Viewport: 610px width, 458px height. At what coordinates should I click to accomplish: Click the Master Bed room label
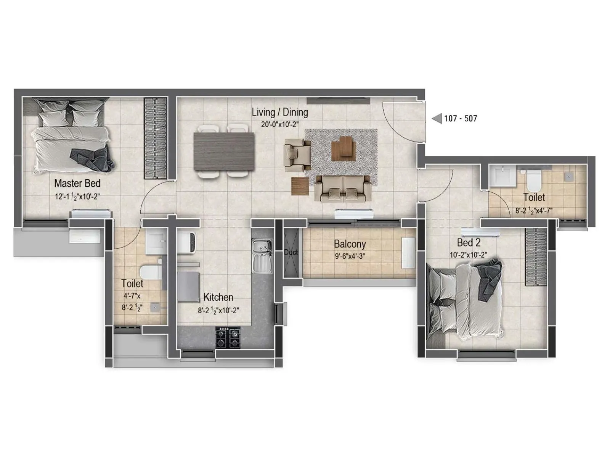coord(77,184)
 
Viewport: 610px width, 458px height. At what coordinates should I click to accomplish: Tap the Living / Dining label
coord(279,112)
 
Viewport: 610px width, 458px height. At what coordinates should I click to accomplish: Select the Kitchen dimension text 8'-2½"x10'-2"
coord(218,311)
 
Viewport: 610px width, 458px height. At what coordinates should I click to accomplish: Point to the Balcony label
coord(350,244)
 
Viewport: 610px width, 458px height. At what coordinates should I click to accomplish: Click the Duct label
coord(291,252)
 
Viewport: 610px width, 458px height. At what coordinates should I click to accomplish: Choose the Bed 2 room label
coord(469,243)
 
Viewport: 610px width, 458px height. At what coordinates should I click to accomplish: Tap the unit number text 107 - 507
coord(460,119)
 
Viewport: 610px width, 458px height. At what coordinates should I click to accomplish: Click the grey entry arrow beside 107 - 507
coord(437,119)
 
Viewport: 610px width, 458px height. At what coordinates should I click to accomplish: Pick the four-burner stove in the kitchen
coord(228,338)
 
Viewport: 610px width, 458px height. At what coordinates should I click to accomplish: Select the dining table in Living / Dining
coord(224,151)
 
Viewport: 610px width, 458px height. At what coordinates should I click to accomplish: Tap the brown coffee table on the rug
coord(343,149)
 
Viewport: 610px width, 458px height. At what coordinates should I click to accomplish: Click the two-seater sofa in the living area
coord(343,188)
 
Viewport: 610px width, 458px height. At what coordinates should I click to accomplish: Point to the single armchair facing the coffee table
coord(297,154)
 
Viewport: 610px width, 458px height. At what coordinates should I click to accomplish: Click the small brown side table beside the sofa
coord(300,186)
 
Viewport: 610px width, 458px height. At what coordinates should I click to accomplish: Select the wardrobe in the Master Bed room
coord(155,138)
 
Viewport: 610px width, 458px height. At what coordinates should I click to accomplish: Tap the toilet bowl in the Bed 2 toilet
coord(533,181)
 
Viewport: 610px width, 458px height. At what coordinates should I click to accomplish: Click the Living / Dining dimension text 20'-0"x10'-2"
coord(279,124)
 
